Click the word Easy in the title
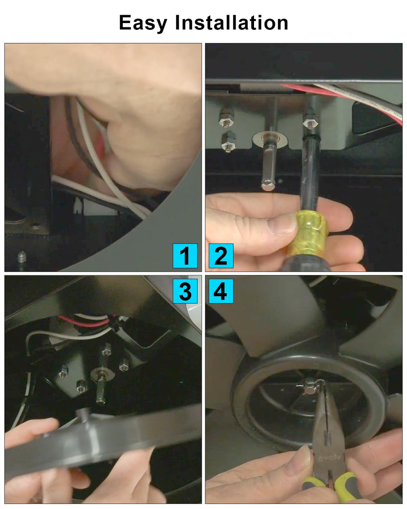point(143,23)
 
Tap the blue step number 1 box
point(185,256)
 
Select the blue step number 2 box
point(221,256)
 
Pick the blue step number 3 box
point(185,291)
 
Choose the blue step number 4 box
point(221,291)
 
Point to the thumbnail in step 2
point(281,223)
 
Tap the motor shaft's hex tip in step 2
point(268,185)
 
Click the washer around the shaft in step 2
point(270,140)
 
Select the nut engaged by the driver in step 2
point(310,121)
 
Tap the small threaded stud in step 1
point(22,257)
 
